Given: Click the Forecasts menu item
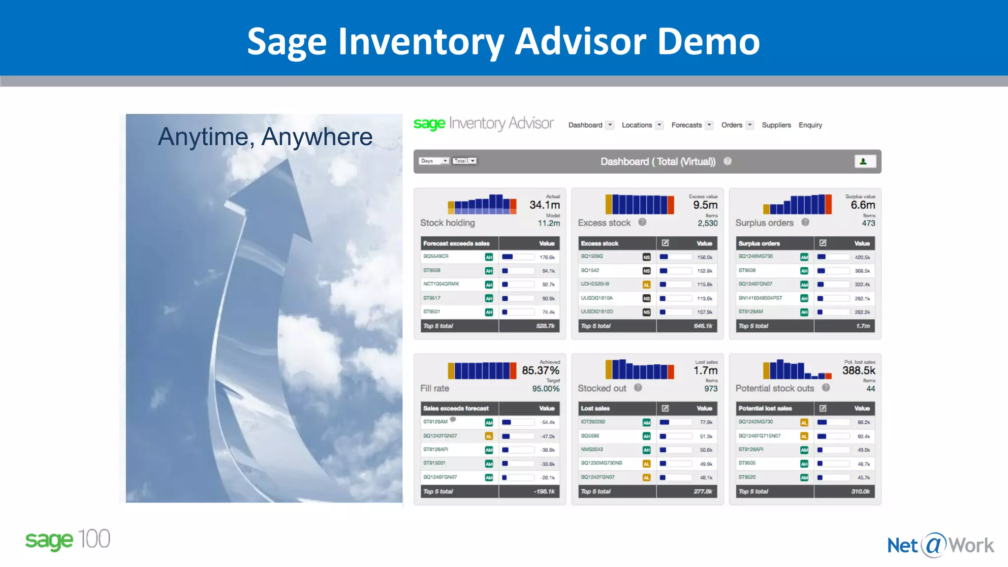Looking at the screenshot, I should tap(686, 125).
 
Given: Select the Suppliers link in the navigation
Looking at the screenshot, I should tap(776, 125).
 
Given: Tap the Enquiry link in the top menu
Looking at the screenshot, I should tap(810, 125).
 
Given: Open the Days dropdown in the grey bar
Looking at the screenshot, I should tap(434, 161).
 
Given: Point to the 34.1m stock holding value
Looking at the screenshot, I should tap(544, 205).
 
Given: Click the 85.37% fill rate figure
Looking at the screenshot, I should tap(540, 370).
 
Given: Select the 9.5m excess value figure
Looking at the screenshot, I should tap(705, 205).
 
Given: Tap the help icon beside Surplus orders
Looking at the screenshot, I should tap(805, 222).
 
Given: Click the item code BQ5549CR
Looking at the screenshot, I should tap(436, 256).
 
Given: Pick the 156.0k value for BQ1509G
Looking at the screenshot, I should tap(704, 257).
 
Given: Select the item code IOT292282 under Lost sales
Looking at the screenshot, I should tap(593, 422).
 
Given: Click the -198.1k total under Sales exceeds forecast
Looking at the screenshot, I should tap(544, 491).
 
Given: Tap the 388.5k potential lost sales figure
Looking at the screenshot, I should tap(858, 370).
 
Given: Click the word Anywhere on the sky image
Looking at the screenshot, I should tap(316, 137).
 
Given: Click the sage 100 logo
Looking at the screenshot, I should tap(67, 539).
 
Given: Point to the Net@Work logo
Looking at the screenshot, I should tap(940, 545).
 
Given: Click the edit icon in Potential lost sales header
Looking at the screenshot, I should tap(823, 408).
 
